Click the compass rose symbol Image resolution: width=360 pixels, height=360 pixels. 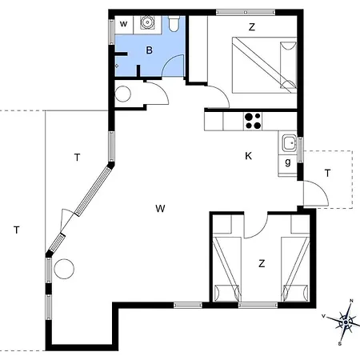(x=345, y=322)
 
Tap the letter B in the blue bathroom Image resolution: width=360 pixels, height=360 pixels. (x=148, y=50)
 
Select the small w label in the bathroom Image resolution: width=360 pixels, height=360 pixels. (x=124, y=25)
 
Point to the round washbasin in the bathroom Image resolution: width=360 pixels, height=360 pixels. (x=148, y=23)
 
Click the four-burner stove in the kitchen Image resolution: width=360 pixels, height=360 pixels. (x=254, y=121)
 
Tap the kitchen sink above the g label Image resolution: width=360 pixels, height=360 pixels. (x=289, y=145)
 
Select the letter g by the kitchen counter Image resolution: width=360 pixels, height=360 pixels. (x=288, y=162)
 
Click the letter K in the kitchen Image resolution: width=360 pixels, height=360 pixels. (x=249, y=156)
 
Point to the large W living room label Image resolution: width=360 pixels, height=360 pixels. (x=160, y=209)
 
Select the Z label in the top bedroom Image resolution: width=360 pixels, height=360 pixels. (x=251, y=27)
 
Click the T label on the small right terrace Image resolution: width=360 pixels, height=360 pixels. (x=328, y=173)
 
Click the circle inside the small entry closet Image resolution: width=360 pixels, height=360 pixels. (x=124, y=94)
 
